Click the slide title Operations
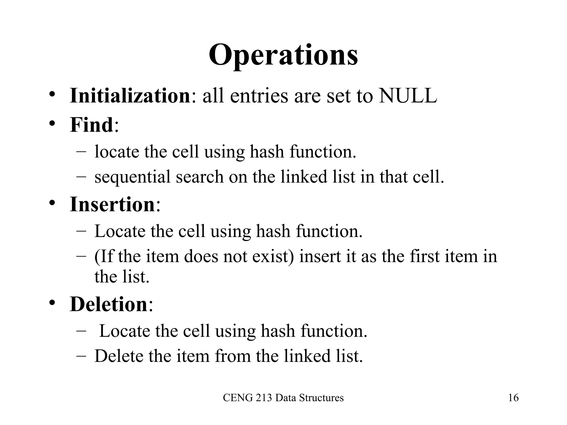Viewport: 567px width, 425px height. click(283, 55)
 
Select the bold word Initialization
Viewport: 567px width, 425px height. click(130, 96)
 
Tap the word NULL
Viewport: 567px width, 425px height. click(408, 96)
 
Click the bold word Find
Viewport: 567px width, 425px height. click(91, 125)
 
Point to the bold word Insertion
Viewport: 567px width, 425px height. click(112, 204)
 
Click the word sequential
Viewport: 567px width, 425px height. click(132, 177)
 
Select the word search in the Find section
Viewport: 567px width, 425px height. click(199, 177)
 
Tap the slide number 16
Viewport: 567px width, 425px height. click(513, 398)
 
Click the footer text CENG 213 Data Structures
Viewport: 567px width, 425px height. click(283, 398)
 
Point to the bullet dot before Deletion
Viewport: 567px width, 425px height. click(52, 303)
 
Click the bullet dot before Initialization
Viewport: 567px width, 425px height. click(52, 95)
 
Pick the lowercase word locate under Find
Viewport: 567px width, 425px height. click(117, 152)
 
